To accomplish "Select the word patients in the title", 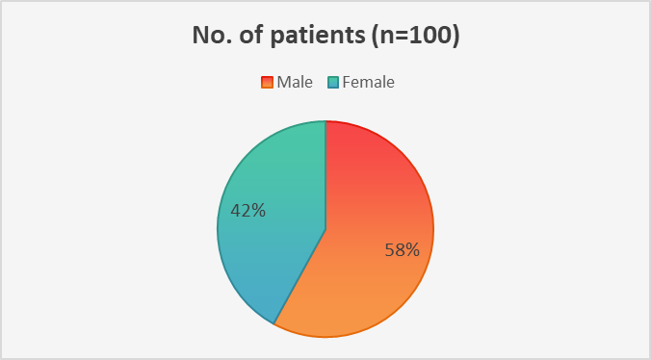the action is pyautogui.click(x=318, y=37).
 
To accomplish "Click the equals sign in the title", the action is pyautogui.click(x=399, y=37).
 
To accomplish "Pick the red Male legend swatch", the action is pyautogui.click(x=267, y=82).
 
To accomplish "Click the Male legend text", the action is pyautogui.click(x=295, y=82).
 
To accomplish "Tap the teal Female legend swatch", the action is pyautogui.click(x=333, y=82).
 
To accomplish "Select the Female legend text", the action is pyautogui.click(x=368, y=82).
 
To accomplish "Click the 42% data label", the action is pyautogui.click(x=247, y=211).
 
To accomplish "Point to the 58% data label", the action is pyautogui.click(x=403, y=250).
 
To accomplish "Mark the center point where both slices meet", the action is pyautogui.click(x=325, y=229).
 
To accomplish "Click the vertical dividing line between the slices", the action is pyautogui.click(x=325, y=174).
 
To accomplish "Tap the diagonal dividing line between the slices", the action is pyautogui.click(x=299, y=276).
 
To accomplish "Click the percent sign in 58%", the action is pyautogui.click(x=412, y=250).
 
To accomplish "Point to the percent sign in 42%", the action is pyautogui.click(x=258, y=211).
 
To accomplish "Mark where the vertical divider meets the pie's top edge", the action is pyautogui.click(x=325, y=120).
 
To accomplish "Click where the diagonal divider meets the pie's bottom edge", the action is pyautogui.click(x=274, y=323).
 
